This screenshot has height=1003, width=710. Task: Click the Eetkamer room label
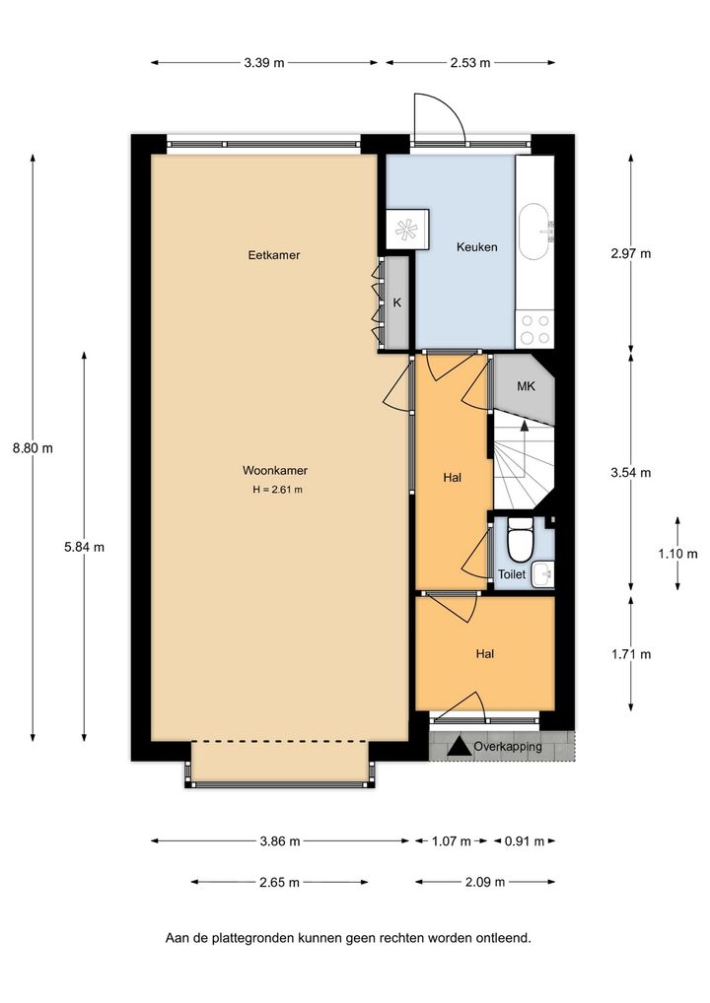point(274,254)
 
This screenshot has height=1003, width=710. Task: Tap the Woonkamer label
point(275,470)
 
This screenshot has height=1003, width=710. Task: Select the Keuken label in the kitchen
point(476,247)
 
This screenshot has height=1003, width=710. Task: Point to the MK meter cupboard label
point(526,386)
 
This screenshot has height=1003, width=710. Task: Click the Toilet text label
point(512,574)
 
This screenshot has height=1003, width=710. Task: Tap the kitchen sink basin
point(532,232)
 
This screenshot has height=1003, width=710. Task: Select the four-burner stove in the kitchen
point(534,329)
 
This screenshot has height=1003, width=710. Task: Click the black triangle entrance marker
point(460,747)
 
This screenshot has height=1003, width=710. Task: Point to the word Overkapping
point(508,747)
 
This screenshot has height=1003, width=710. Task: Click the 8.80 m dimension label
point(33,447)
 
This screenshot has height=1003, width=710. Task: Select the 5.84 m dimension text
point(84,547)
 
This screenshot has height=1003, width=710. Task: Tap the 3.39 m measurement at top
point(263,63)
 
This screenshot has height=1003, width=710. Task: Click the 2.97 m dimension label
point(630,253)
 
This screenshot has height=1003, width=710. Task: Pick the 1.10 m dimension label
point(678,554)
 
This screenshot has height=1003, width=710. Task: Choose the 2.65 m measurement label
point(279,882)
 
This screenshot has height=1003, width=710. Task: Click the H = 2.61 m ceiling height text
point(277,490)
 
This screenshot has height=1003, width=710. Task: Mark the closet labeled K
point(396,303)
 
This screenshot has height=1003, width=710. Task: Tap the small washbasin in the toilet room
point(544,574)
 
